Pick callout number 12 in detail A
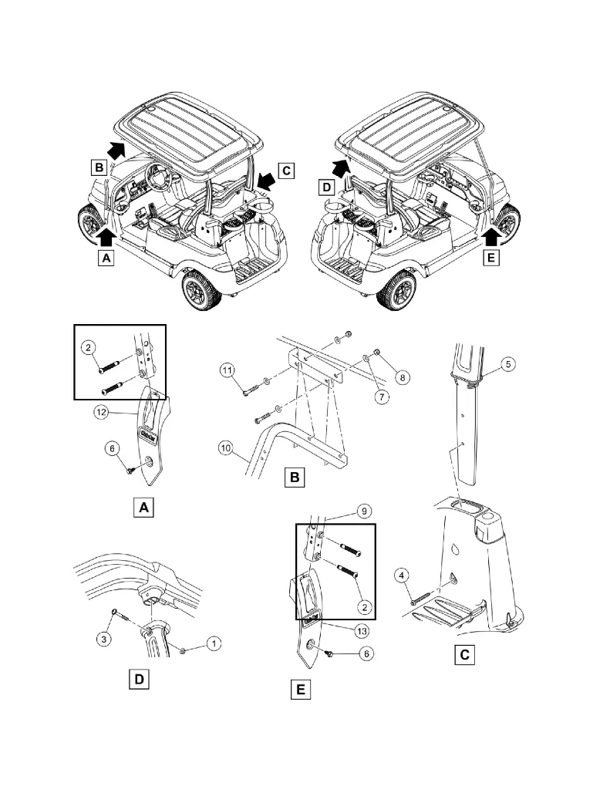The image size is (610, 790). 100,413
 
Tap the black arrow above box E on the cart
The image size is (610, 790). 490,226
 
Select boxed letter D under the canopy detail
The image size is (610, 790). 139,679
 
